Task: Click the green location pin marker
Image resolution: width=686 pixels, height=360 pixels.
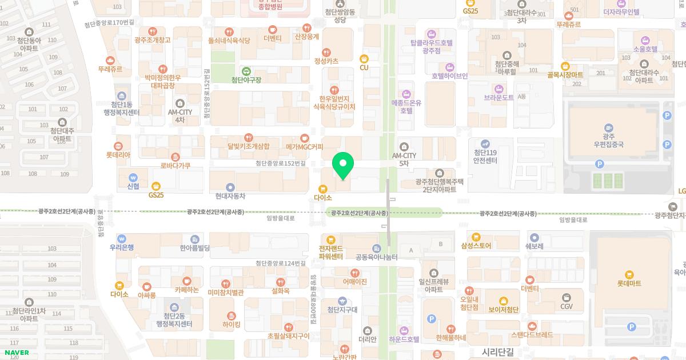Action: pos(343,166)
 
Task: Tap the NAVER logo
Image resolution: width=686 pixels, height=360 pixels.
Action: pos(15,353)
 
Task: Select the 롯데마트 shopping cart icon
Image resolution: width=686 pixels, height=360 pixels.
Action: pos(629,274)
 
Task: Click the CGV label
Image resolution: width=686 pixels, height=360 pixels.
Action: pos(567,306)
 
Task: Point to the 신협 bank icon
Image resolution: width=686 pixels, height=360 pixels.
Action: pos(133,177)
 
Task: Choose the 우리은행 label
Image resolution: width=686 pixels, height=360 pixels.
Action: pos(121,247)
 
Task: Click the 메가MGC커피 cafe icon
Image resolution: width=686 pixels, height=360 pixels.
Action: pos(305,138)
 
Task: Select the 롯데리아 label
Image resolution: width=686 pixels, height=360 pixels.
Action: pos(118,154)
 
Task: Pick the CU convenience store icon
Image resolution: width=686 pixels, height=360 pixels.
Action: pos(364,58)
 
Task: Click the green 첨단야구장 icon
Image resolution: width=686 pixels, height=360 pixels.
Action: pos(246,71)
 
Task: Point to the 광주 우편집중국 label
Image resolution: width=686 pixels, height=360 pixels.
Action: pos(609,141)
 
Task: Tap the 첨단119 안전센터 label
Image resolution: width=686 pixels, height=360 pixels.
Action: pos(485,157)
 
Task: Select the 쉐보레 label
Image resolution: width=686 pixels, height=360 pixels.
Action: pos(533,246)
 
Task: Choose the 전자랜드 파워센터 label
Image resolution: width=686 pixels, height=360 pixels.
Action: pos(330,252)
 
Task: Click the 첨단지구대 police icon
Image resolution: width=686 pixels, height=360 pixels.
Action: pos(342,301)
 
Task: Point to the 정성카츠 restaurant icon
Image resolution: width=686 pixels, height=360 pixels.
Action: pos(326,53)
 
